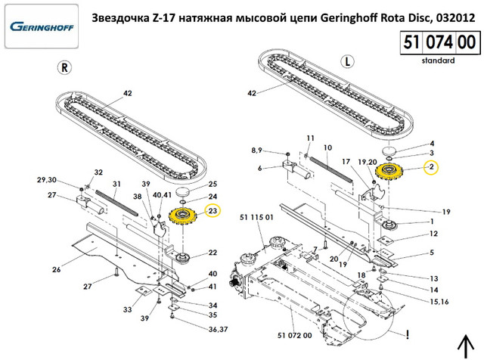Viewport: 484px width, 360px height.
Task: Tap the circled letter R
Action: point(65,67)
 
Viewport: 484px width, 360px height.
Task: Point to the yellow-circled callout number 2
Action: point(431,166)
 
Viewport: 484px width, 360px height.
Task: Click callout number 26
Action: point(56,269)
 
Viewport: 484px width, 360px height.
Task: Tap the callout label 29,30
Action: point(47,180)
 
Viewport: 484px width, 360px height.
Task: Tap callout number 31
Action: point(116,184)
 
